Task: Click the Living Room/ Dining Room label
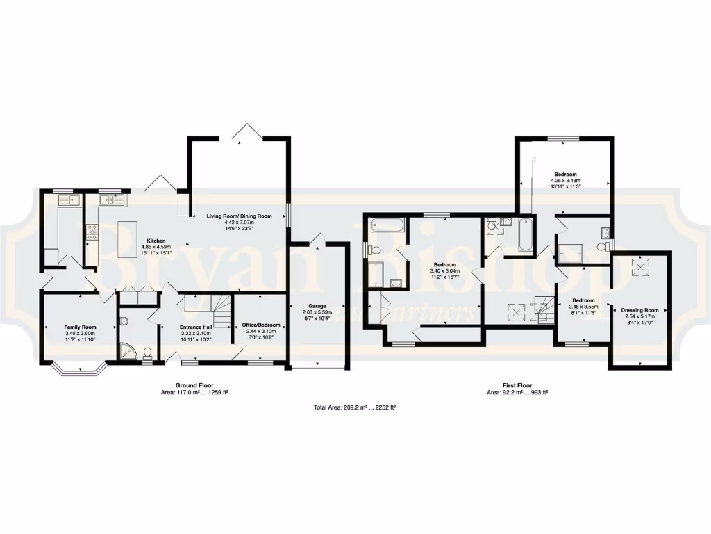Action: point(238,216)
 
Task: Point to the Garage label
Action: point(317,305)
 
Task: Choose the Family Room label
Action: point(80,327)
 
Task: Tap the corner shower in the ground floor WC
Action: point(128,351)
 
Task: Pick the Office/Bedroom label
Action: point(261,325)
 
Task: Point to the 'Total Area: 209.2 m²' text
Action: point(355,407)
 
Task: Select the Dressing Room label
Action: point(639,310)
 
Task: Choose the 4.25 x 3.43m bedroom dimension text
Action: point(564,181)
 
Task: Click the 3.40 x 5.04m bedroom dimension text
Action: point(444,271)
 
